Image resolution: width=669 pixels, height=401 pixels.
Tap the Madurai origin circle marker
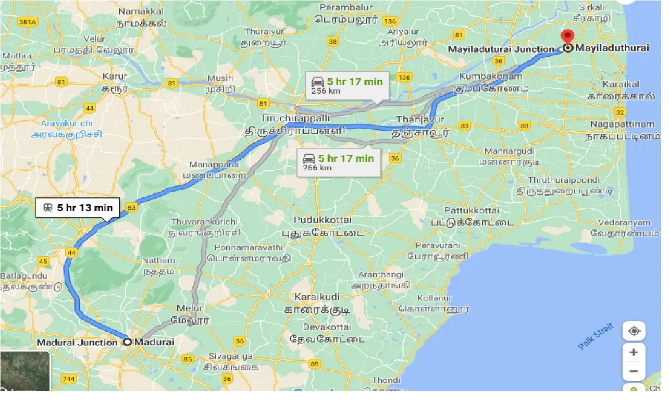tap(128, 342)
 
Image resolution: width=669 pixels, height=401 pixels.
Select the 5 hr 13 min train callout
tap(78, 207)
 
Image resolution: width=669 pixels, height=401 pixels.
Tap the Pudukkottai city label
tap(323, 220)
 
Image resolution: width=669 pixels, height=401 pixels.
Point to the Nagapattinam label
tap(622, 124)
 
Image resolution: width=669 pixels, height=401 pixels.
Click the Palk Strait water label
tap(596, 336)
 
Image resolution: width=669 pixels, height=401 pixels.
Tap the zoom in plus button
tap(634, 353)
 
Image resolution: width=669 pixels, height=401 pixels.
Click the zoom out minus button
tap(634, 371)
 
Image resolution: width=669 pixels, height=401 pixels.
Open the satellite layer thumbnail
tap(25, 371)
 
